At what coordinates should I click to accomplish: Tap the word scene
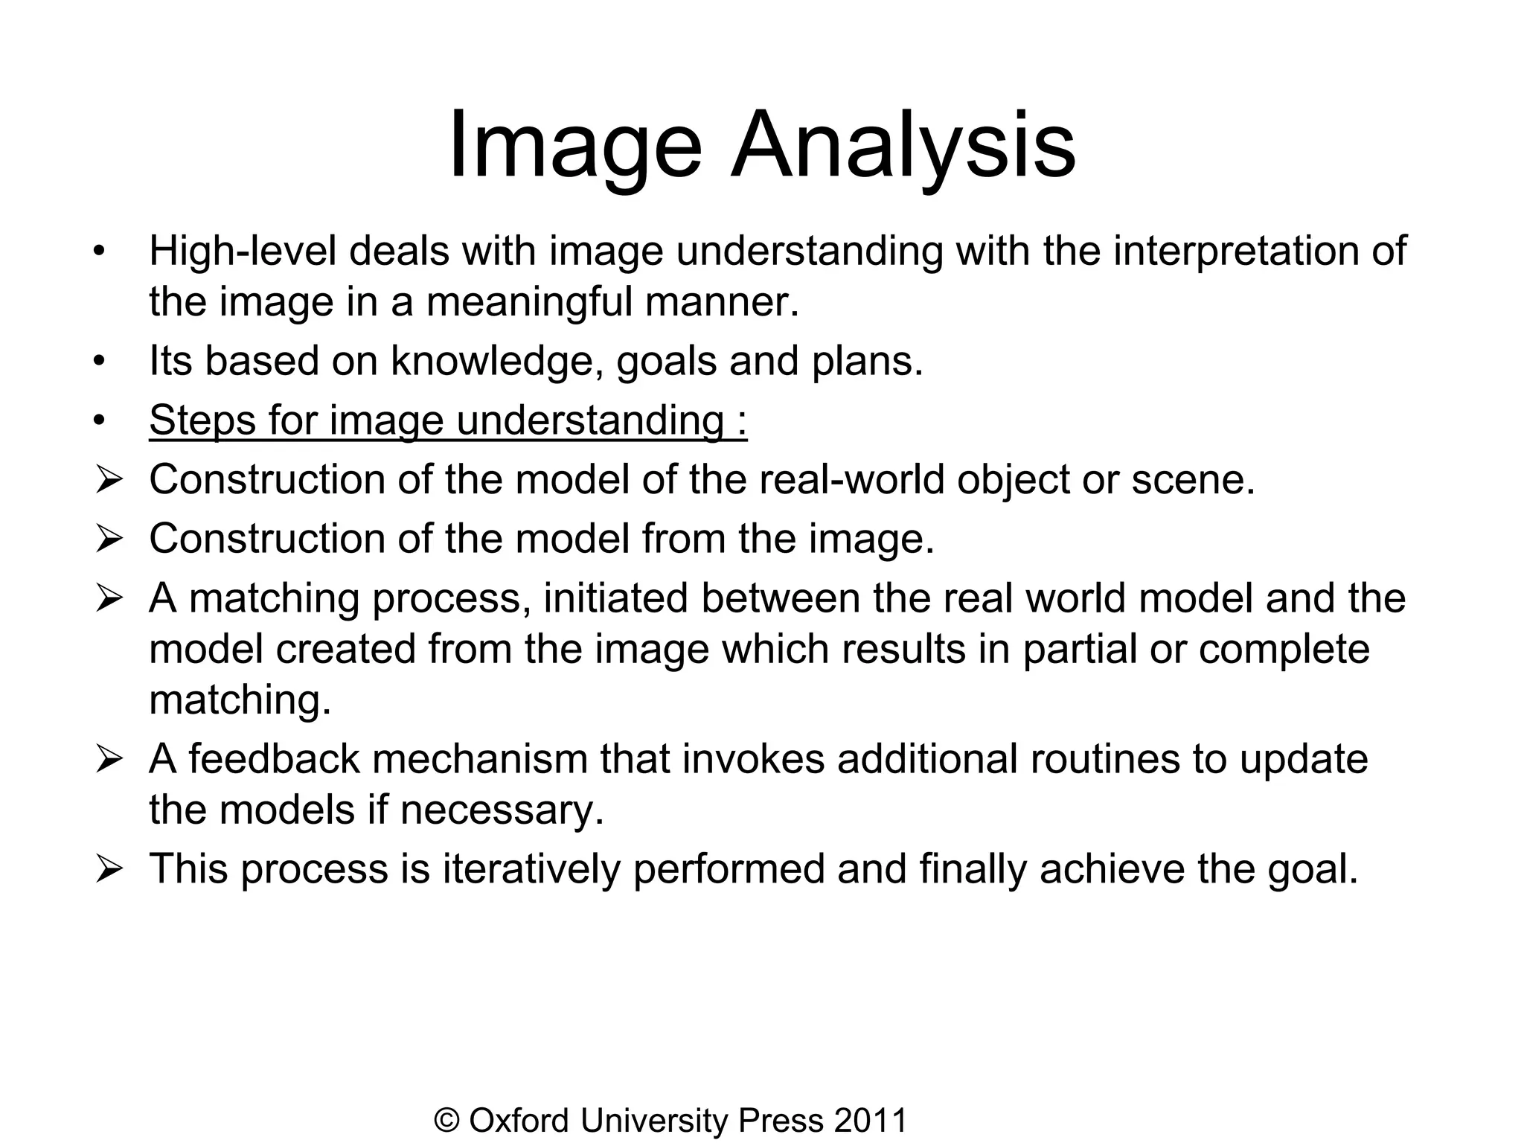point(1193,479)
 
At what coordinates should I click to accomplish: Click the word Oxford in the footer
point(519,1121)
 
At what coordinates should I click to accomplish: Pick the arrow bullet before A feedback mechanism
point(109,760)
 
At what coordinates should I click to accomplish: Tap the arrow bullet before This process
point(109,869)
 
